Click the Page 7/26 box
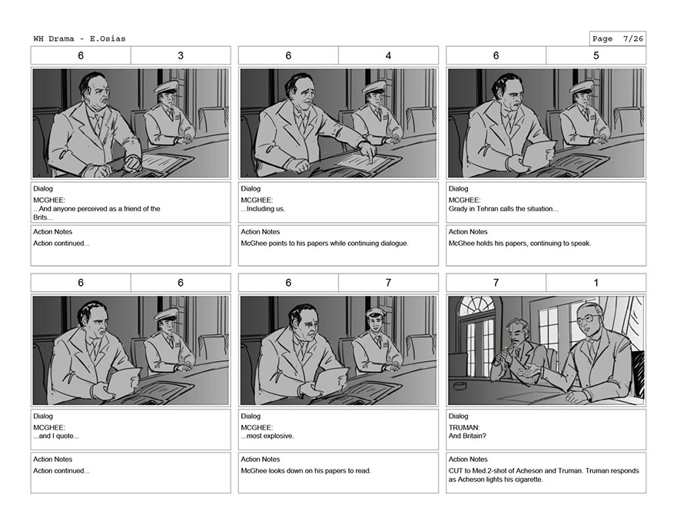[x=618, y=39]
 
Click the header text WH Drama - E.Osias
[x=79, y=39]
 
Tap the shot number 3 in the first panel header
[x=181, y=55]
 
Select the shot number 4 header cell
[x=388, y=55]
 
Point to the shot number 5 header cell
[x=596, y=55]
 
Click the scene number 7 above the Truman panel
[x=496, y=283]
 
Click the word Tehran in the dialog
[x=488, y=209]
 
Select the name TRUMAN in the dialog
[x=463, y=428]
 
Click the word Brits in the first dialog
[x=41, y=217]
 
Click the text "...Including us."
[x=263, y=209]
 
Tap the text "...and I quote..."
[x=56, y=436]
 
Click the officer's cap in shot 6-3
[x=167, y=87]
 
